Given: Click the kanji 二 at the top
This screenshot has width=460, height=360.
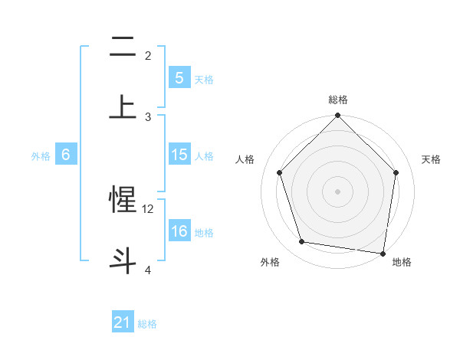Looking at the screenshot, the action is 123,47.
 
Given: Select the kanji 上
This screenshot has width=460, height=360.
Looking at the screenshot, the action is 123,106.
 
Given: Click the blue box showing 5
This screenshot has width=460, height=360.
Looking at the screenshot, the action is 179,77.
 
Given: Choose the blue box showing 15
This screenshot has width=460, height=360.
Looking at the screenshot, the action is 179,155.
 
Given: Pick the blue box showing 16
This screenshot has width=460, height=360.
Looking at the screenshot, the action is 179,231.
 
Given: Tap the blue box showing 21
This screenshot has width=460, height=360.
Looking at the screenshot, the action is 123,322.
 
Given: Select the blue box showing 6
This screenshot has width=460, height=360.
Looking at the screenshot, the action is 66,155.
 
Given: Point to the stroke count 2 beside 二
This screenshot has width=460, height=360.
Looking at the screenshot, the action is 148,56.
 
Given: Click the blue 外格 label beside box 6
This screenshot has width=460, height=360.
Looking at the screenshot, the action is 41,155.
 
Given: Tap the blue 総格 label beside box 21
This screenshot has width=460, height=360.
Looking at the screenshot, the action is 147,323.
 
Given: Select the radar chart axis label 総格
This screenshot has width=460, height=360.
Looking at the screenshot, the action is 338,100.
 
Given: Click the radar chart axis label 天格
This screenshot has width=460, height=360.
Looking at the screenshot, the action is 431,159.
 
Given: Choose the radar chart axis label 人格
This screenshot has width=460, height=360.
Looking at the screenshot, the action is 245,159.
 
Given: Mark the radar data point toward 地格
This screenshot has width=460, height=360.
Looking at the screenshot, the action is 383,253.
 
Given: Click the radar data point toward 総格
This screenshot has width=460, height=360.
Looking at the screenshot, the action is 338,116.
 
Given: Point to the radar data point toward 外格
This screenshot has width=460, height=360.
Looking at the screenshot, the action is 302,242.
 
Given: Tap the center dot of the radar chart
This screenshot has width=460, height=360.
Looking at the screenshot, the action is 338,191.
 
